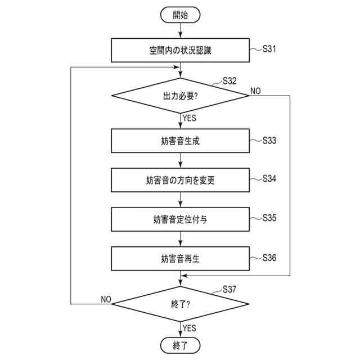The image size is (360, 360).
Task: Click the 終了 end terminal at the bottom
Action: point(180,344)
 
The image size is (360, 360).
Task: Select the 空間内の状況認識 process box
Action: point(180,50)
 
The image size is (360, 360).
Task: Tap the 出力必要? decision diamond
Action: point(180,96)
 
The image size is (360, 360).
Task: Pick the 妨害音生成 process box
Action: point(180,141)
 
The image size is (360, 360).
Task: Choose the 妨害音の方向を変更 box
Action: point(180,180)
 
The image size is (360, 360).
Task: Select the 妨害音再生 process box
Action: point(180,259)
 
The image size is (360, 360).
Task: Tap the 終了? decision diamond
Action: point(180,304)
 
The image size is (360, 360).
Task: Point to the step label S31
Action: point(269,49)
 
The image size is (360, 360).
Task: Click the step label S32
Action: point(229,80)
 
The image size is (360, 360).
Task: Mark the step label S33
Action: point(269,140)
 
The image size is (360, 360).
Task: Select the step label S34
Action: point(269,179)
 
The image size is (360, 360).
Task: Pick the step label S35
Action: point(269,218)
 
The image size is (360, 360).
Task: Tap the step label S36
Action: point(269,257)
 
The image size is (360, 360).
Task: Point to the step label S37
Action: point(229,289)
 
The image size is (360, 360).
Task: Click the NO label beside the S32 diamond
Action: point(255,91)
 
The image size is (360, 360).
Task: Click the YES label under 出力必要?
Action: point(190,118)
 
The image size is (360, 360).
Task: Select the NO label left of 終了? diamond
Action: point(105,299)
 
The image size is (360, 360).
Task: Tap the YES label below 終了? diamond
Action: point(190,328)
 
